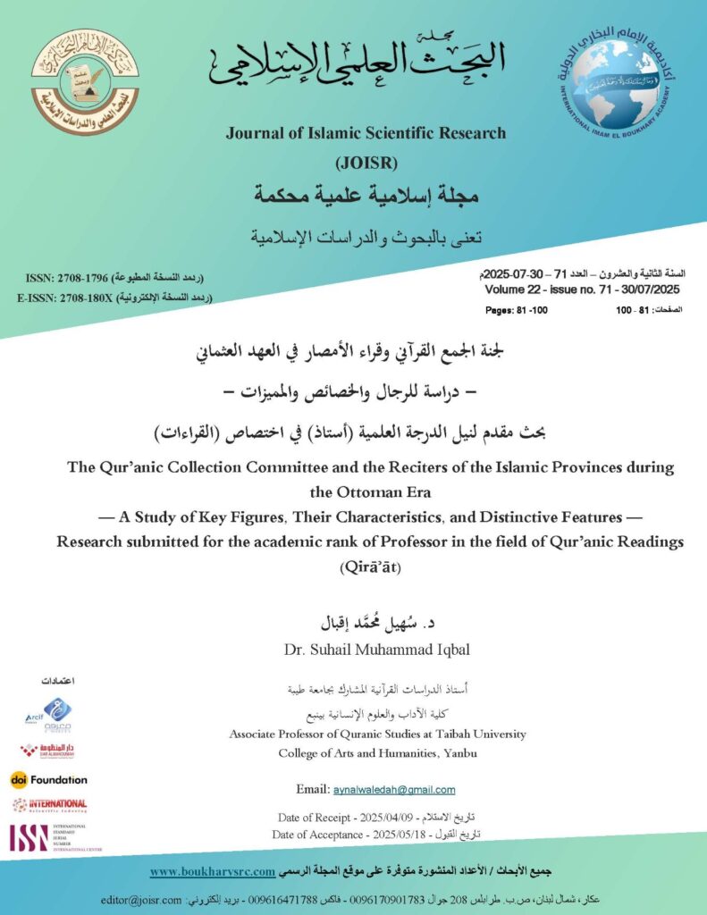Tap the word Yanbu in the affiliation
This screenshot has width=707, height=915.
(459, 753)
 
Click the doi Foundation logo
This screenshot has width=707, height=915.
(49, 779)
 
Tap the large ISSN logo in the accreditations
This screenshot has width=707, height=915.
(29, 837)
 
